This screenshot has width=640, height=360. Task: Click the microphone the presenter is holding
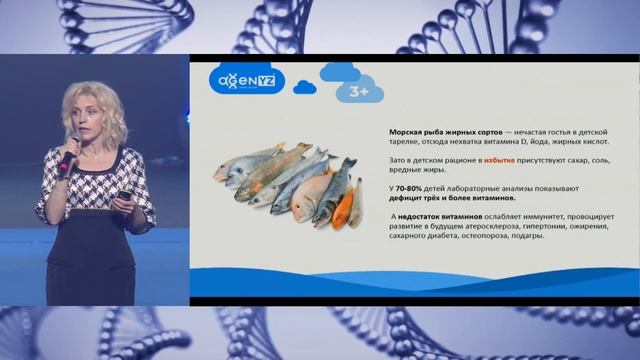click(67, 156)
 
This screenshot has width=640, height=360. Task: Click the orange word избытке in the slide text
click(500, 160)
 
